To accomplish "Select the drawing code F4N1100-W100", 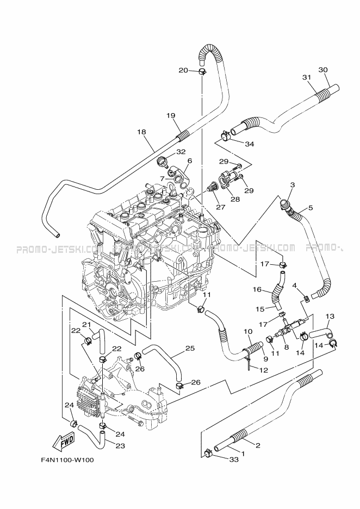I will coord(67,460).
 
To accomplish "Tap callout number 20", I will coord(183,70).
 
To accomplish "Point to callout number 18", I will coord(142,132).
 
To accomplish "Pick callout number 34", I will coord(250,144).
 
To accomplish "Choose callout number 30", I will coord(322,70).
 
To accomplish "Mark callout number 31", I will coord(307,77).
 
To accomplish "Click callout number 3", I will coord(292,185).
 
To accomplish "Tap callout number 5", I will coord(311,207).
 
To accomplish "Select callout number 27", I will coord(221,207).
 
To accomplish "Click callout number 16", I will coord(257,289).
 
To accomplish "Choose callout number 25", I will coord(190,348).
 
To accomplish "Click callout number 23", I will coord(121,446).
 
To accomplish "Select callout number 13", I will coord(330,316).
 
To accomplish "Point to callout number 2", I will coord(258,446).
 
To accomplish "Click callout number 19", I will coord(170,115).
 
